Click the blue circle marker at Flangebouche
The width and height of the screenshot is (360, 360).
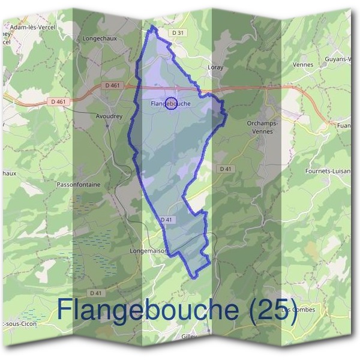(x=171, y=103)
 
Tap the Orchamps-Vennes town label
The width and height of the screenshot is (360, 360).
(x=263, y=127)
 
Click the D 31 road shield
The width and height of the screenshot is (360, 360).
(x=177, y=32)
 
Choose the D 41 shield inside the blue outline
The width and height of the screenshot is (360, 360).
(x=167, y=220)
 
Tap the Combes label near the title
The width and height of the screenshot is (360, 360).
(x=301, y=310)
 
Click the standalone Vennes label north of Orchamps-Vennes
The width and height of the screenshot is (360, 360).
(x=303, y=64)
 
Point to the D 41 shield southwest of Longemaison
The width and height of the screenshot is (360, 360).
(x=95, y=293)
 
